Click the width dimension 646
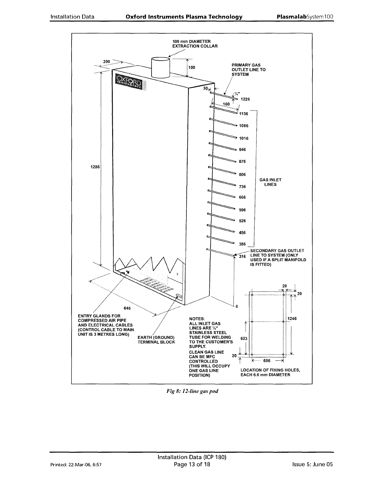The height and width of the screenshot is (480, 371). click(x=127, y=308)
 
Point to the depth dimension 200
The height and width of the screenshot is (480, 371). click(x=107, y=62)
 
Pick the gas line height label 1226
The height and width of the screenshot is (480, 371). click(x=245, y=99)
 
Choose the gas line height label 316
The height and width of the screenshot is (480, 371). click(x=242, y=257)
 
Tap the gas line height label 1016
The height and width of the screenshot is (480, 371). click(x=244, y=138)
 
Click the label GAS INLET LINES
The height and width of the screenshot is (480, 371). click(x=270, y=182)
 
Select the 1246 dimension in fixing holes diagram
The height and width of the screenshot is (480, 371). click(x=292, y=318)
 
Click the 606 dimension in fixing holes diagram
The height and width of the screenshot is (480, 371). click(x=267, y=361)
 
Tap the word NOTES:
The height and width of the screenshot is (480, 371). click(x=197, y=318)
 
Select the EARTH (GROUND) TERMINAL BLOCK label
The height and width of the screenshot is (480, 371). click(x=156, y=340)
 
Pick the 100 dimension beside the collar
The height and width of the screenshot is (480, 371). click(x=192, y=68)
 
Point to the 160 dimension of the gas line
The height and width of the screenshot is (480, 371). click(x=226, y=104)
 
